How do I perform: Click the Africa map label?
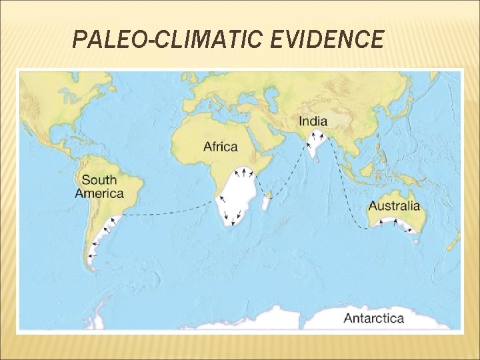(220, 147)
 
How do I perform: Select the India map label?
(313, 121)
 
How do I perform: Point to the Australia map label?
(394, 206)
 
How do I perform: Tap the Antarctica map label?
(373, 318)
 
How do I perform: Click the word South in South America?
(99, 179)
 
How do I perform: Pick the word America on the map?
(99, 193)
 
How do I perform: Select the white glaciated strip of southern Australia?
(393, 224)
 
